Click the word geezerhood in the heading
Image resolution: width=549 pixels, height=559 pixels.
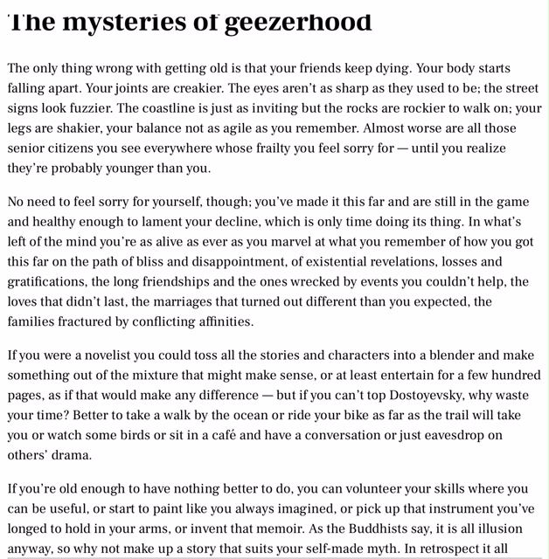pyautogui.click(x=297, y=21)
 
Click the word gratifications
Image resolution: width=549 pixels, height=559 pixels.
pyautogui.click(x=48, y=282)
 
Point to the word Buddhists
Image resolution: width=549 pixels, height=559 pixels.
pyautogui.click(x=348, y=528)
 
